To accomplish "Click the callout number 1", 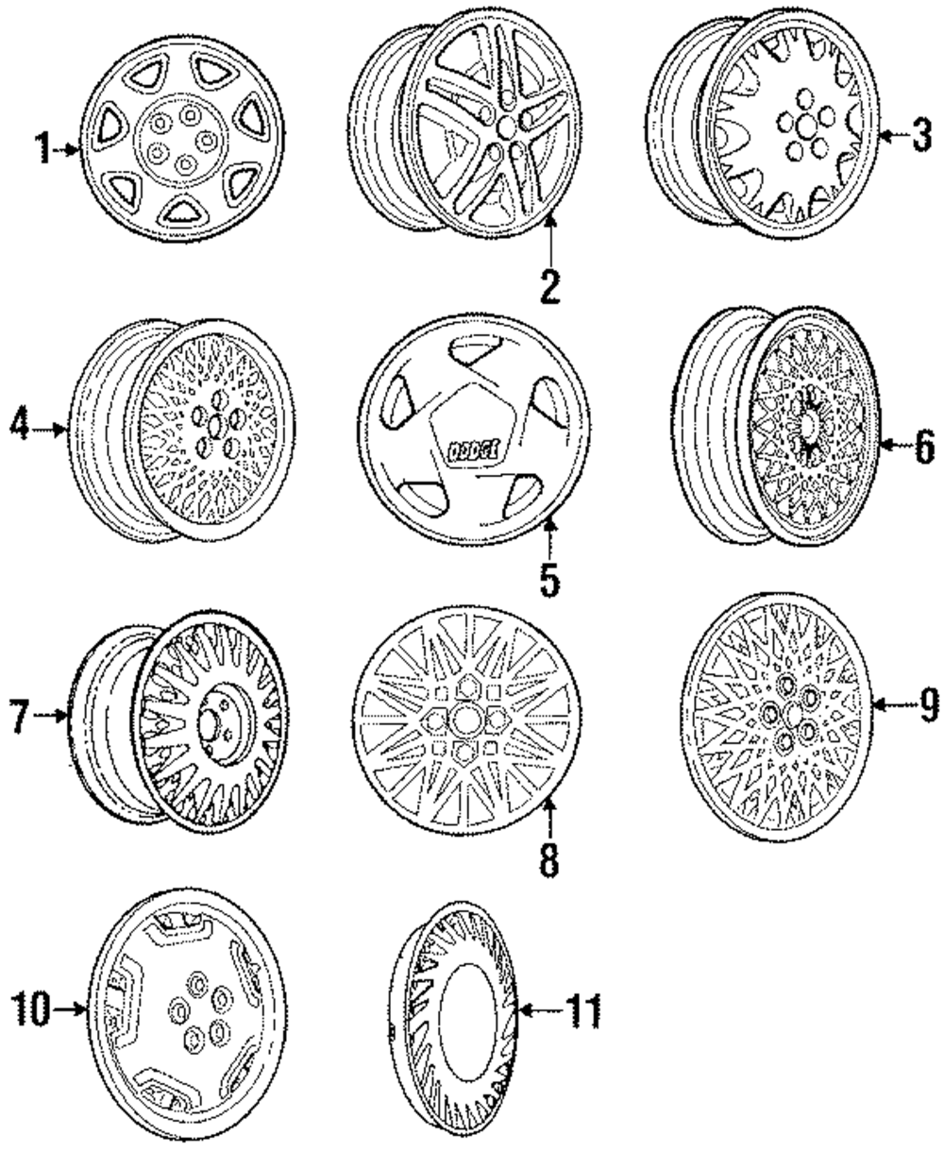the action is (42, 148).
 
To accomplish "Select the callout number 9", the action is (924, 703).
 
